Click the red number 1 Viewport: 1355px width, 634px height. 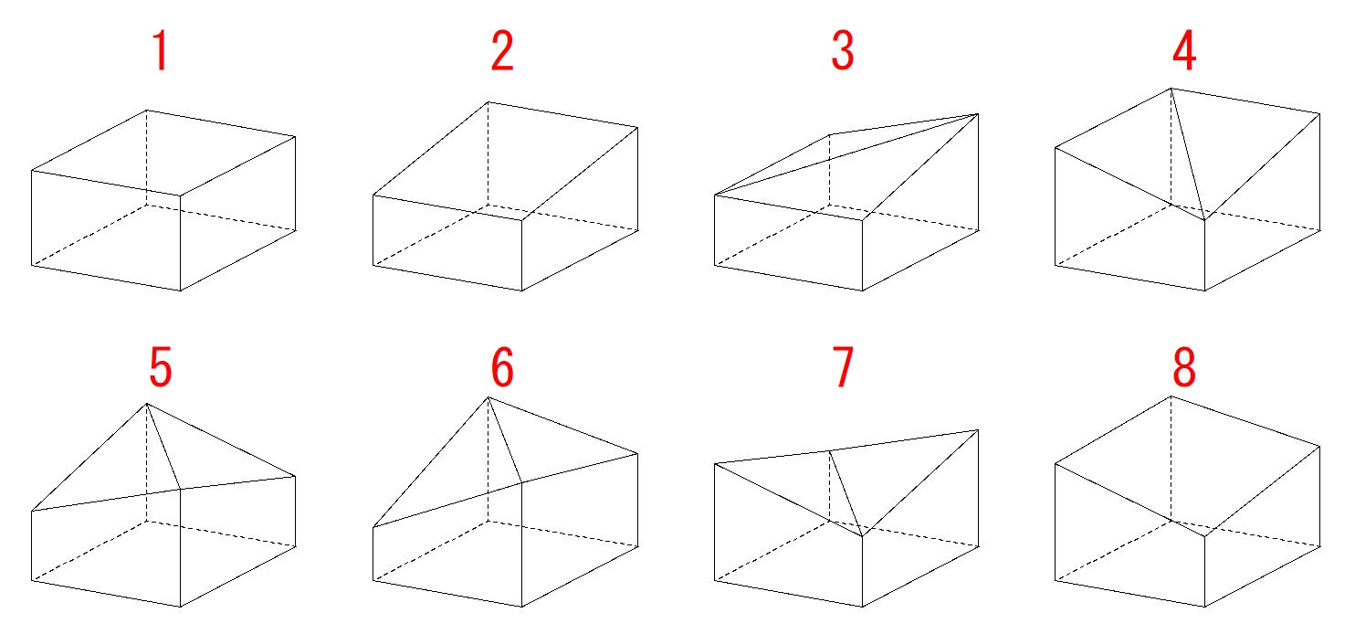point(161,51)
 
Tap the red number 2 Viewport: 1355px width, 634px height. point(502,51)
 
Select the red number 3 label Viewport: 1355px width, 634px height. point(843,51)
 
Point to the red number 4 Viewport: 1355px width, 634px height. point(1184,51)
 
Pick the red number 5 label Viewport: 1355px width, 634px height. point(161,366)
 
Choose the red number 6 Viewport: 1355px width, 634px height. point(502,366)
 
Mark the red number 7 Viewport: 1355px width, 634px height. point(843,366)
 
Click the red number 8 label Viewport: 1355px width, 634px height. point(1184,366)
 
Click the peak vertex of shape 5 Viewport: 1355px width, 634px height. point(146,404)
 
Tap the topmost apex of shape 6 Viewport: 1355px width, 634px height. point(488,397)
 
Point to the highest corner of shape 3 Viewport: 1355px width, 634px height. point(978,113)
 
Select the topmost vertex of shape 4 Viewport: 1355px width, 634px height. point(1171,89)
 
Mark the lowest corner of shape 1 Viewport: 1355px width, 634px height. point(180,291)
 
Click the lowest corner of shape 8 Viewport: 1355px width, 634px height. point(1204,607)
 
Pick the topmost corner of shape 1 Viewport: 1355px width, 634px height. point(146,111)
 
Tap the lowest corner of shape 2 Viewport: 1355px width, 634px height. point(522,291)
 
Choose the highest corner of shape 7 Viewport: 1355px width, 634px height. point(978,430)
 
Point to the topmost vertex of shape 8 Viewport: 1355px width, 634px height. point(1171,396)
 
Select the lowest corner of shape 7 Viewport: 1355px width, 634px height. point(863,607)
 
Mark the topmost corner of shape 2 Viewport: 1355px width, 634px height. point(488,101)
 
